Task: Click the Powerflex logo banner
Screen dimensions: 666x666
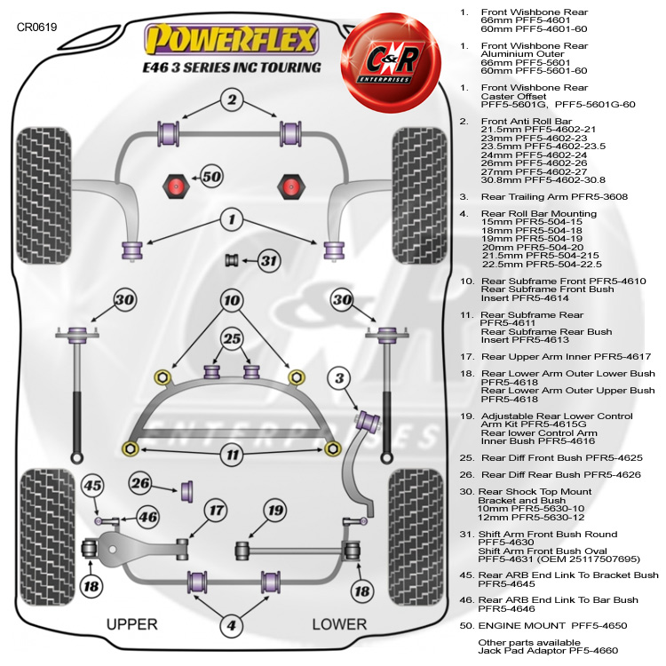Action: point(233,41)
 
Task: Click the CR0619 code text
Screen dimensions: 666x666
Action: point(36,28)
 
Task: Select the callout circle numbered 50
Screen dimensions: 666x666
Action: point(210,176)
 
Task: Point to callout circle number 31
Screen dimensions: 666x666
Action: point(269,260)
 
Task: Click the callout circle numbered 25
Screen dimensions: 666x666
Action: point(232,338)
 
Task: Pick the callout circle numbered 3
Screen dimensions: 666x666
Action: point(338,379)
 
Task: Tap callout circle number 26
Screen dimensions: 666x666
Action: point(140,483)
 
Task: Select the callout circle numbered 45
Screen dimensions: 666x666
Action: point(93,485)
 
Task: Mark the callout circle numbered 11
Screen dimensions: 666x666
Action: point(232,456)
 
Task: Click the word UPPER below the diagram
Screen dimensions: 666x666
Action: point(131,624)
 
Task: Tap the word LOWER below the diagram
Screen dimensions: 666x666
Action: point(339,624)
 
